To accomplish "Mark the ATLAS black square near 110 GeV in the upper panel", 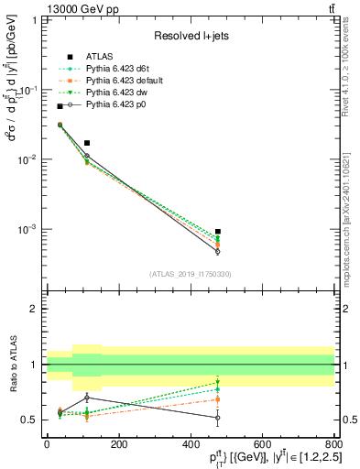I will pyautogui.click(x=87, y=143).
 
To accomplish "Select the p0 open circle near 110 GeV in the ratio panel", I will pyautogui.click(x=87, y=398).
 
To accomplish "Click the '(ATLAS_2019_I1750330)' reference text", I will pyautogui.click(x=190, y=274).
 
